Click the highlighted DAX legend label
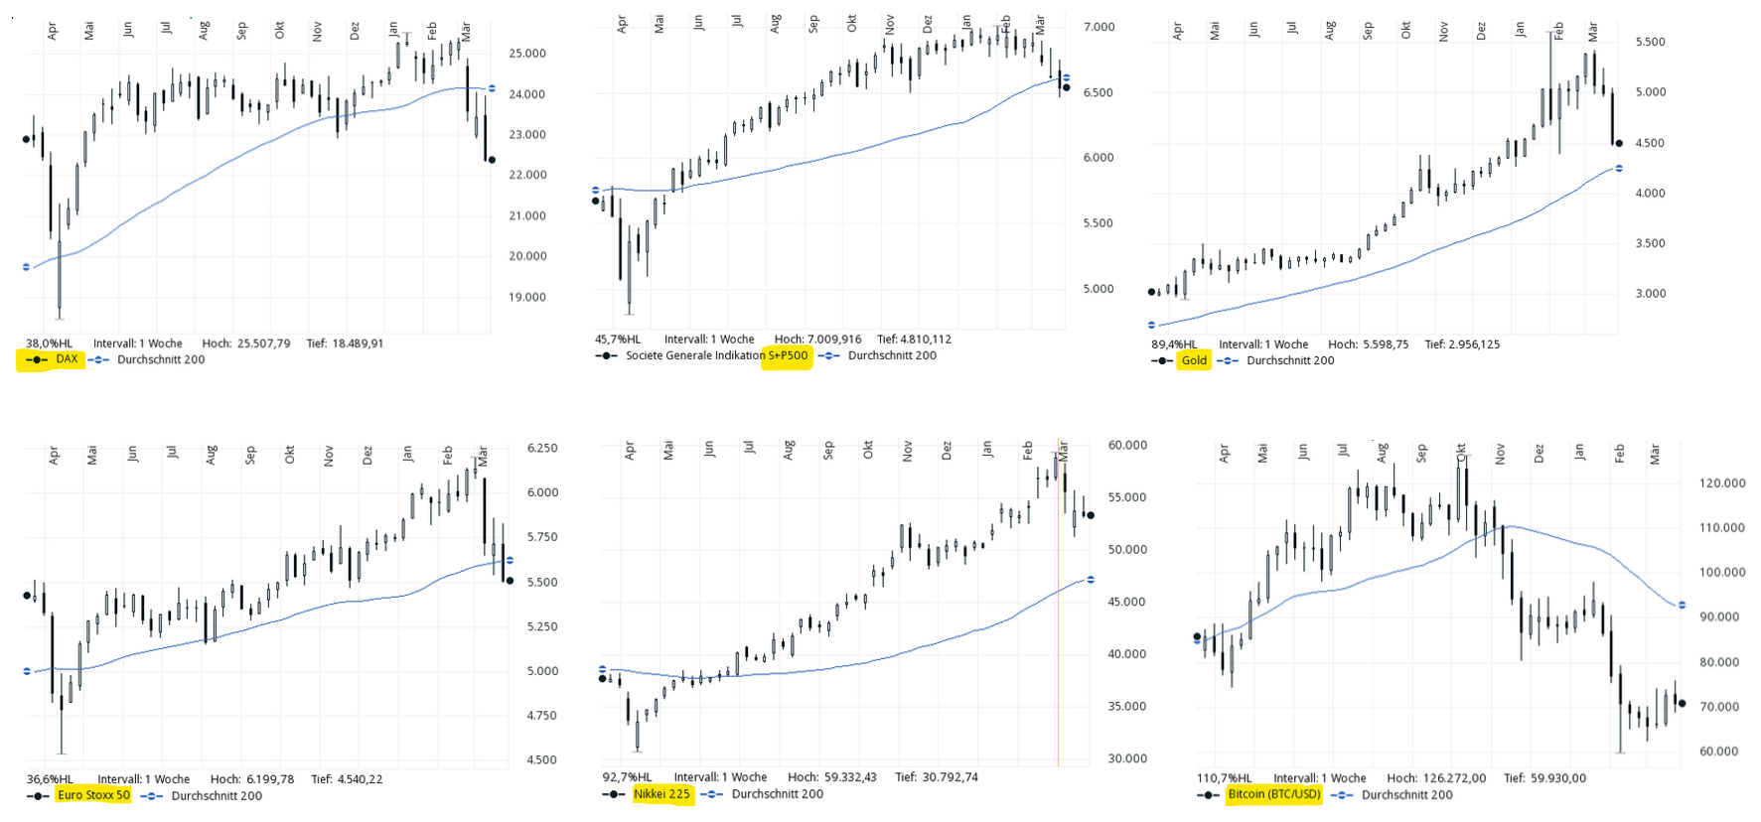coord(67,359)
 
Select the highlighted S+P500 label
coord(788,355)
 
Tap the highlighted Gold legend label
coord(1194,360)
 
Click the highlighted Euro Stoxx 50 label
coord(93,795)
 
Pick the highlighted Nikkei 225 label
coord(661,794)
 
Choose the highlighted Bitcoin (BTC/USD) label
coord(1274,794)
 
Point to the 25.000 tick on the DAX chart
coord(527,54)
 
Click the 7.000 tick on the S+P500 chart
coord(1099,27)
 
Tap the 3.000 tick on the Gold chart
coord(1651,294)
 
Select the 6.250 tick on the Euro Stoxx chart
coord(542,449)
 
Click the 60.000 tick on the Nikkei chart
coord(1127,446)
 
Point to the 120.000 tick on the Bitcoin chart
coord(1722,483)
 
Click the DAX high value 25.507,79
coord(263,343)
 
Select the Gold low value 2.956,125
coord(1478,344)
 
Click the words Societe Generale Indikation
coord(695,355)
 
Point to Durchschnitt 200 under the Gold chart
coord(1290,360)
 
